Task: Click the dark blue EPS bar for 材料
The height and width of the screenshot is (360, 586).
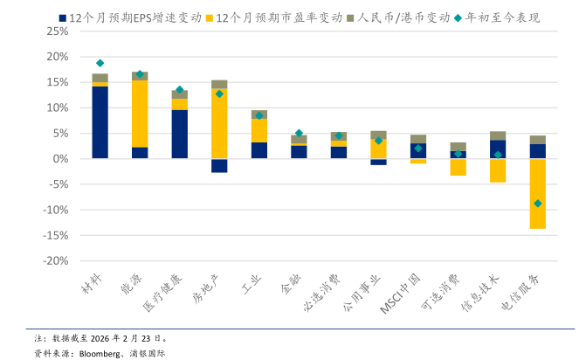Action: coord(100,122)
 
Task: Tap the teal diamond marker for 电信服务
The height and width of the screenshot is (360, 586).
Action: coord(538,204)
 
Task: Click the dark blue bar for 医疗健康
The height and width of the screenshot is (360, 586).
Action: coord(180,134)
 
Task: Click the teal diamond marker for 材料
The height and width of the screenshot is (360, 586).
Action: coord(100,63)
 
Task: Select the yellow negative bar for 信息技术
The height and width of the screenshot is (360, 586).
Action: coord(498,170)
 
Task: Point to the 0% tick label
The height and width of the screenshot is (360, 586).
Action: coord(59,159)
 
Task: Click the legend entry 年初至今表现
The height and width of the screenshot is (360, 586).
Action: coord(503,17)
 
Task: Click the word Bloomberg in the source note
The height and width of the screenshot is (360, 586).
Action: coord(99,353)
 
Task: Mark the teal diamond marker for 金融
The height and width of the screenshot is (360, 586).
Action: coord(299,133)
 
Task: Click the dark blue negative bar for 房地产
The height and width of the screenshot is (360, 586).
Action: coord(219,166)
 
